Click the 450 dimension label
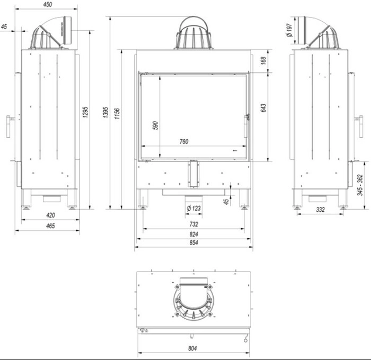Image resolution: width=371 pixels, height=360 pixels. tap(47, 5)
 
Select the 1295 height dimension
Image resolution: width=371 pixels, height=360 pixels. tap(86, 113)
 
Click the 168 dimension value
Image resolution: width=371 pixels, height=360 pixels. tap(263, 61)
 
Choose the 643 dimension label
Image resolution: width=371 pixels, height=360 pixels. tap(263, 107)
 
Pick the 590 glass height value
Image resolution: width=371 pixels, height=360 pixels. tap(155, 126)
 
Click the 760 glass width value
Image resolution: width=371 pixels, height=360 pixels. tap(184, 141)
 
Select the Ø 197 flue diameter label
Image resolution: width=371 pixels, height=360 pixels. tap(289, 30)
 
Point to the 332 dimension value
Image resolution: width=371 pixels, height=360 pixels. tap(320, 210)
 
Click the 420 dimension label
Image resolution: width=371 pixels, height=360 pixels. tap(50, 215)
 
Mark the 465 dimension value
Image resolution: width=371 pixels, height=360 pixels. tap(50, 226)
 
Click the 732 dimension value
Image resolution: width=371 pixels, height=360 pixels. tap(193, 224)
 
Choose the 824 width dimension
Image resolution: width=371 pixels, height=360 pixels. tap(193, 234)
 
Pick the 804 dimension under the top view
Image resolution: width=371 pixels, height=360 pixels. tap(192, 348)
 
